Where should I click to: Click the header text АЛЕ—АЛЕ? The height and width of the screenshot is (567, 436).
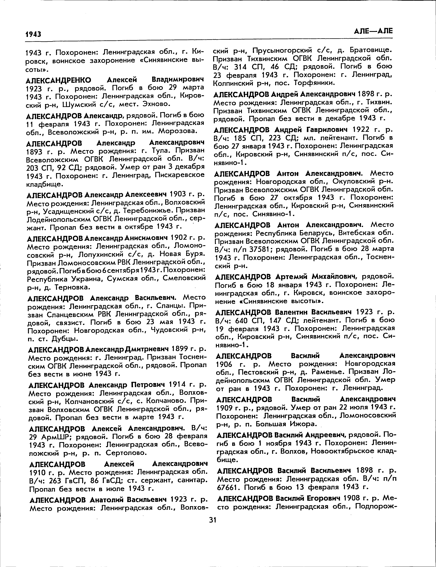[373, 31]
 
